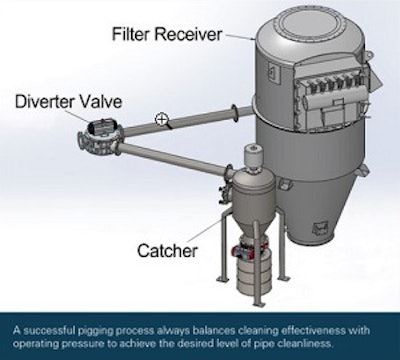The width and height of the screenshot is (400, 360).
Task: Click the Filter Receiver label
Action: click(x=167, y=34)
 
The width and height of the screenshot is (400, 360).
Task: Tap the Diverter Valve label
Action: click(x=68, y=101)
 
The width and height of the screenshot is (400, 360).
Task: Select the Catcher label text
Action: click(x=167, y=250)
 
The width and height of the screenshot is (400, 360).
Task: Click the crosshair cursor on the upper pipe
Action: click(x=161, y=119)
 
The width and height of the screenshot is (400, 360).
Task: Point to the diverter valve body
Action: click(x=98, y=137)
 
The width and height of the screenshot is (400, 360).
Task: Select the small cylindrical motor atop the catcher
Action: click(x=254, y=156)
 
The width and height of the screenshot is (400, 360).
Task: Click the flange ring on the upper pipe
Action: click(x=235, y=113)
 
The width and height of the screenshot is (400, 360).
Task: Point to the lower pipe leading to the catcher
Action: click(x=174, y=157)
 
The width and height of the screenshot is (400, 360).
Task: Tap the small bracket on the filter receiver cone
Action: click(x=320, y=228)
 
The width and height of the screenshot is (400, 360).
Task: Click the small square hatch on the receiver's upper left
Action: click(x=271, y=72)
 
